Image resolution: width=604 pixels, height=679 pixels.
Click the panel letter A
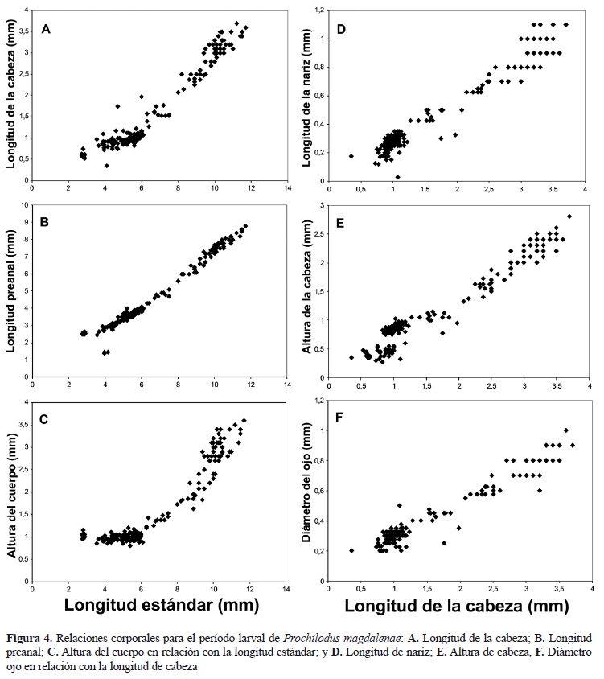click(x=47, y=30)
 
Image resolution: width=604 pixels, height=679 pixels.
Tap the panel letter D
click(x=342, y=29)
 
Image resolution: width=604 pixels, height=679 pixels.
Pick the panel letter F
click(x=342, y=419)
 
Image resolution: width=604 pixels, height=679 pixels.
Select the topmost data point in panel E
click(x=569, y=216)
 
